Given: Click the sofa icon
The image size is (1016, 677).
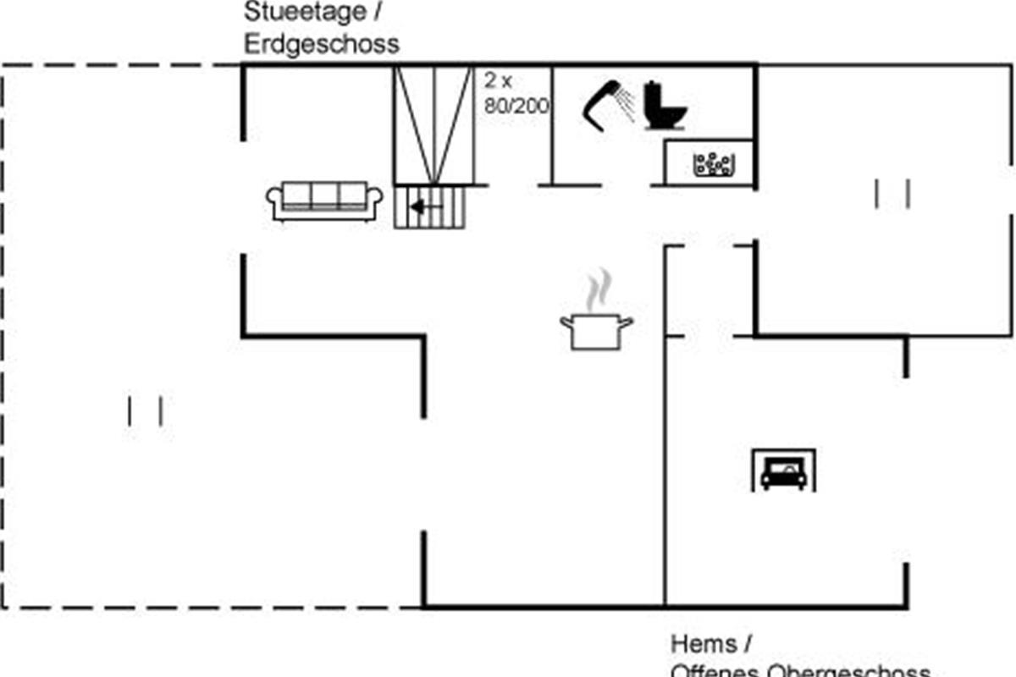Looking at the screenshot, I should point(324,201).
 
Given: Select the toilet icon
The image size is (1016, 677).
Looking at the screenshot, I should point(665,106).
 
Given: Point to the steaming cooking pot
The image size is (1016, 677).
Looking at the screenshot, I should point(597,330).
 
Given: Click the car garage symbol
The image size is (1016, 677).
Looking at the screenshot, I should point(783,471).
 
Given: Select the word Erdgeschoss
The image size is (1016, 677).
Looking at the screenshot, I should point(322,44).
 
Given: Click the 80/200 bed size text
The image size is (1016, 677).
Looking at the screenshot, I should point(516,106).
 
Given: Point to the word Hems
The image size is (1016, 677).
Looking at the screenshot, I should point(704,644).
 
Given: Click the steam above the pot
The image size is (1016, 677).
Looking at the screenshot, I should point(599,290).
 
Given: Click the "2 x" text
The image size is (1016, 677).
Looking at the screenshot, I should point(499,81).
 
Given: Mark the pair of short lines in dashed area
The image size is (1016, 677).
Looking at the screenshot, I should point(145,411).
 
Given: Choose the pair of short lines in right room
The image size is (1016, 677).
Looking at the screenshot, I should point(892,194).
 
